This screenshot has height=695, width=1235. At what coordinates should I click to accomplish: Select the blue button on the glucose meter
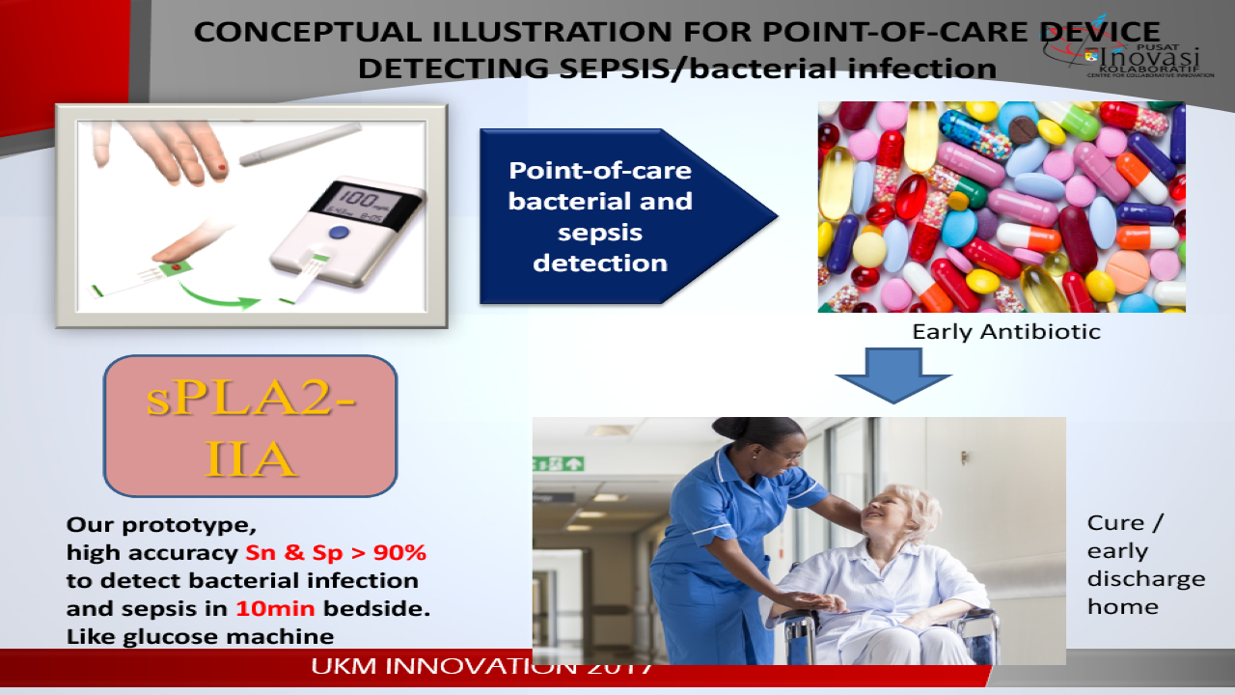point(338,233)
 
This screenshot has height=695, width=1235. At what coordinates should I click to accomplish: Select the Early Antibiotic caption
point(1006,332)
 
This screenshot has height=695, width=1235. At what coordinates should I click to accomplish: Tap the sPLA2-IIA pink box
point(250,426)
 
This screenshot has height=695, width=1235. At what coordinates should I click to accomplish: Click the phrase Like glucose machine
point(200,636)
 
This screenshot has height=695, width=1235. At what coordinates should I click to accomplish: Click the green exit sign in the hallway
point(558,463)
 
